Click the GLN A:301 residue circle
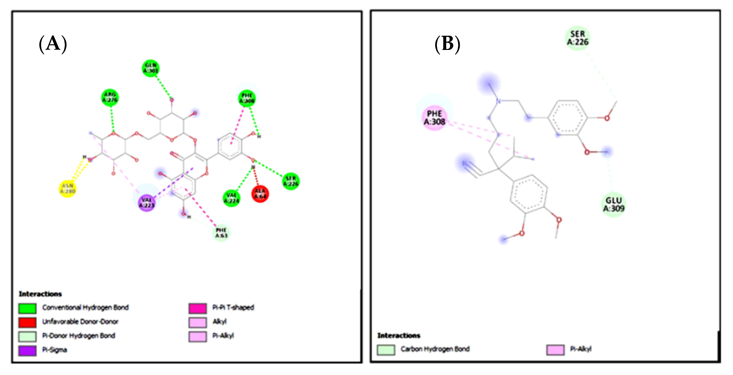coord(151,68)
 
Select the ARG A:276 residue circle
coord(110,97)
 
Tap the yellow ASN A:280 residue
coord(67,189)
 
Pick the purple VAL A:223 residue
coord(146,203)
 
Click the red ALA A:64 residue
coord(260,194)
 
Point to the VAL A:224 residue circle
coord(231,198)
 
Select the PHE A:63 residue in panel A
coord(221,233)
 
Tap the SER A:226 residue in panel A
coord(290,181)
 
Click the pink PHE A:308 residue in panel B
coord(434,118)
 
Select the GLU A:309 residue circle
coord(613,204)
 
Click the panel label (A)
coord(53,44)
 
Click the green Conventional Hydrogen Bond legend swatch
coord(27,308)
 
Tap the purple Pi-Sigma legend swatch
coord(27,351)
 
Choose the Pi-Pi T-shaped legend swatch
coord(198,308)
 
